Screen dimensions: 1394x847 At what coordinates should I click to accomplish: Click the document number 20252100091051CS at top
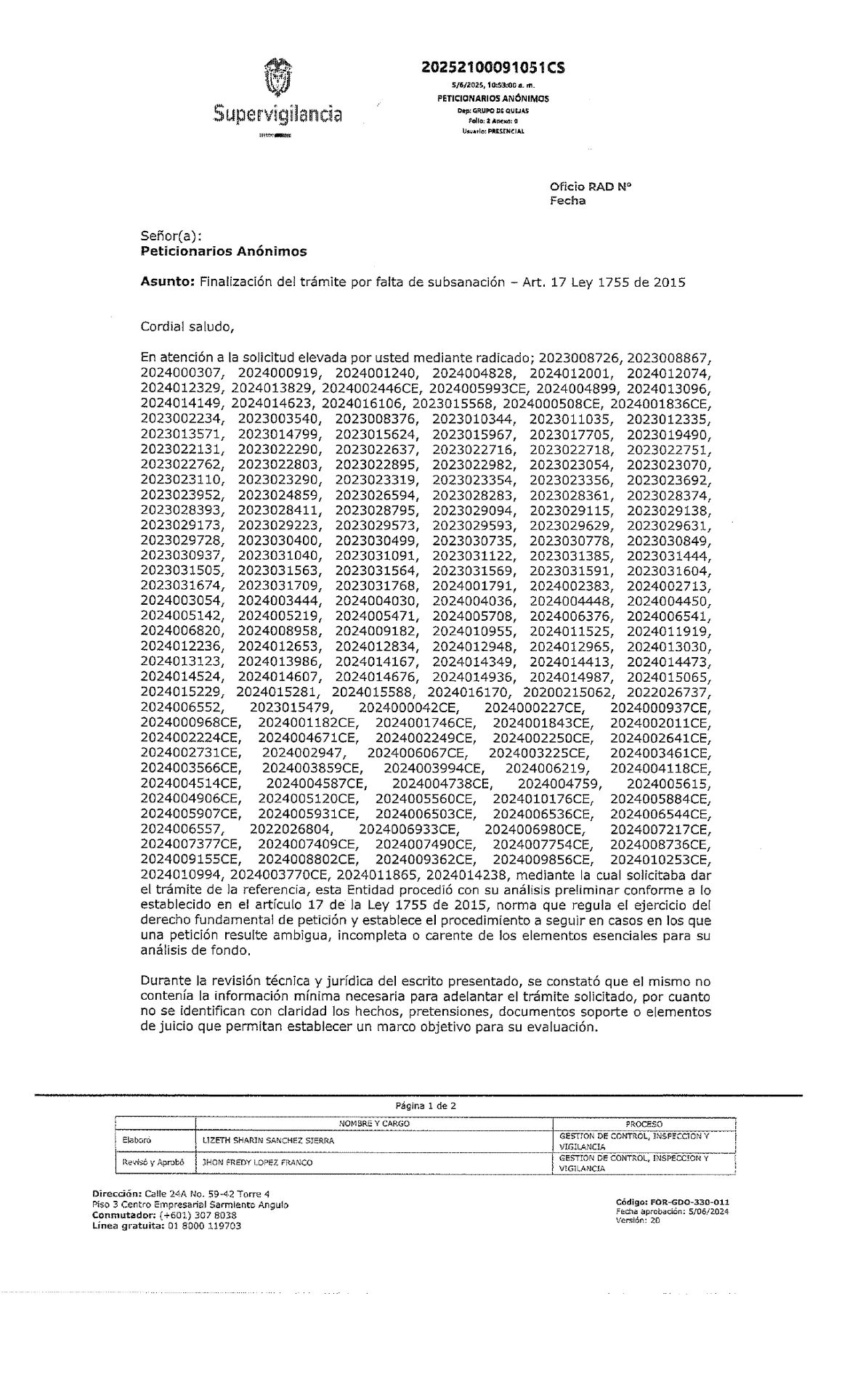[493, 68]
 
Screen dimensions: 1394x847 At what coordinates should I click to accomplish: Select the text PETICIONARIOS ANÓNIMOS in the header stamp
[493, 98]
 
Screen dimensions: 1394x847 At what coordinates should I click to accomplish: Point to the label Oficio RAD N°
[591, 186]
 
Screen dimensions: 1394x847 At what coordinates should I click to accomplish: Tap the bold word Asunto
[166, 282]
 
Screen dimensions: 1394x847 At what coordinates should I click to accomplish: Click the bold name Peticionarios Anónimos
[223, 251]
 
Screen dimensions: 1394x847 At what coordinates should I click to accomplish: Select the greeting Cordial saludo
[187, 325]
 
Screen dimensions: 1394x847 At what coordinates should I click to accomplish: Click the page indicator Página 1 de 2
[426, 1105]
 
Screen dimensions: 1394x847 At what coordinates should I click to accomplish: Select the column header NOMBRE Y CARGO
[375, 1123]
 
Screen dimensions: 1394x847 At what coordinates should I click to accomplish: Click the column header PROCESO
[644, 1123]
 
